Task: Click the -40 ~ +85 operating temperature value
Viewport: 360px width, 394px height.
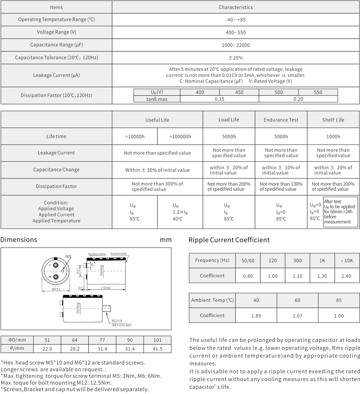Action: point(235,20)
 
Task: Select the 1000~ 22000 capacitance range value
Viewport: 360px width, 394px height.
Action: point(235,45)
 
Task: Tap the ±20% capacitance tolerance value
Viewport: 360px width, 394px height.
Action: point(235,58)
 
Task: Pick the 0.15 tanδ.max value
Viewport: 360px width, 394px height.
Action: point(219,99)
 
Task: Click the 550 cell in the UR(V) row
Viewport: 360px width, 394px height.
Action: point(318,93)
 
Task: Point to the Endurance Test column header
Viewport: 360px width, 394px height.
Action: point(281,120)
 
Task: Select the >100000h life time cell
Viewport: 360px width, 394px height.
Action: point(180,137)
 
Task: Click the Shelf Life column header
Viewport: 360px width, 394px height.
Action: point(333,120)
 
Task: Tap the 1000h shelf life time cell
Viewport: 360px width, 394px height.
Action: point(333,137)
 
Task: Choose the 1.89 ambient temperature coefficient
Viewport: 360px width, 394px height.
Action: point(256,316)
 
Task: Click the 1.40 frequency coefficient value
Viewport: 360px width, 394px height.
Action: point(346,276)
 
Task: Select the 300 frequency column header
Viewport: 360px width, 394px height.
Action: point(297,261)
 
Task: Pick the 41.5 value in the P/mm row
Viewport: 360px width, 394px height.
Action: point(157,349)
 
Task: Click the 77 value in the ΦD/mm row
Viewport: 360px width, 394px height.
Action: point(102,340)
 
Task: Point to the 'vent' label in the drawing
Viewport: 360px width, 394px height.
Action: point(68,256)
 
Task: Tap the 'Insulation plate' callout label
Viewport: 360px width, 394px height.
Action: point(118,254)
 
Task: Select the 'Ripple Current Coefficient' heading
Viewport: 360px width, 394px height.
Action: point(229,240)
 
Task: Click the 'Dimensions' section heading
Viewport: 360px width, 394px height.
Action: point(19,240)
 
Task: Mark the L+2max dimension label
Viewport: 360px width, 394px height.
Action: point(106,288)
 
